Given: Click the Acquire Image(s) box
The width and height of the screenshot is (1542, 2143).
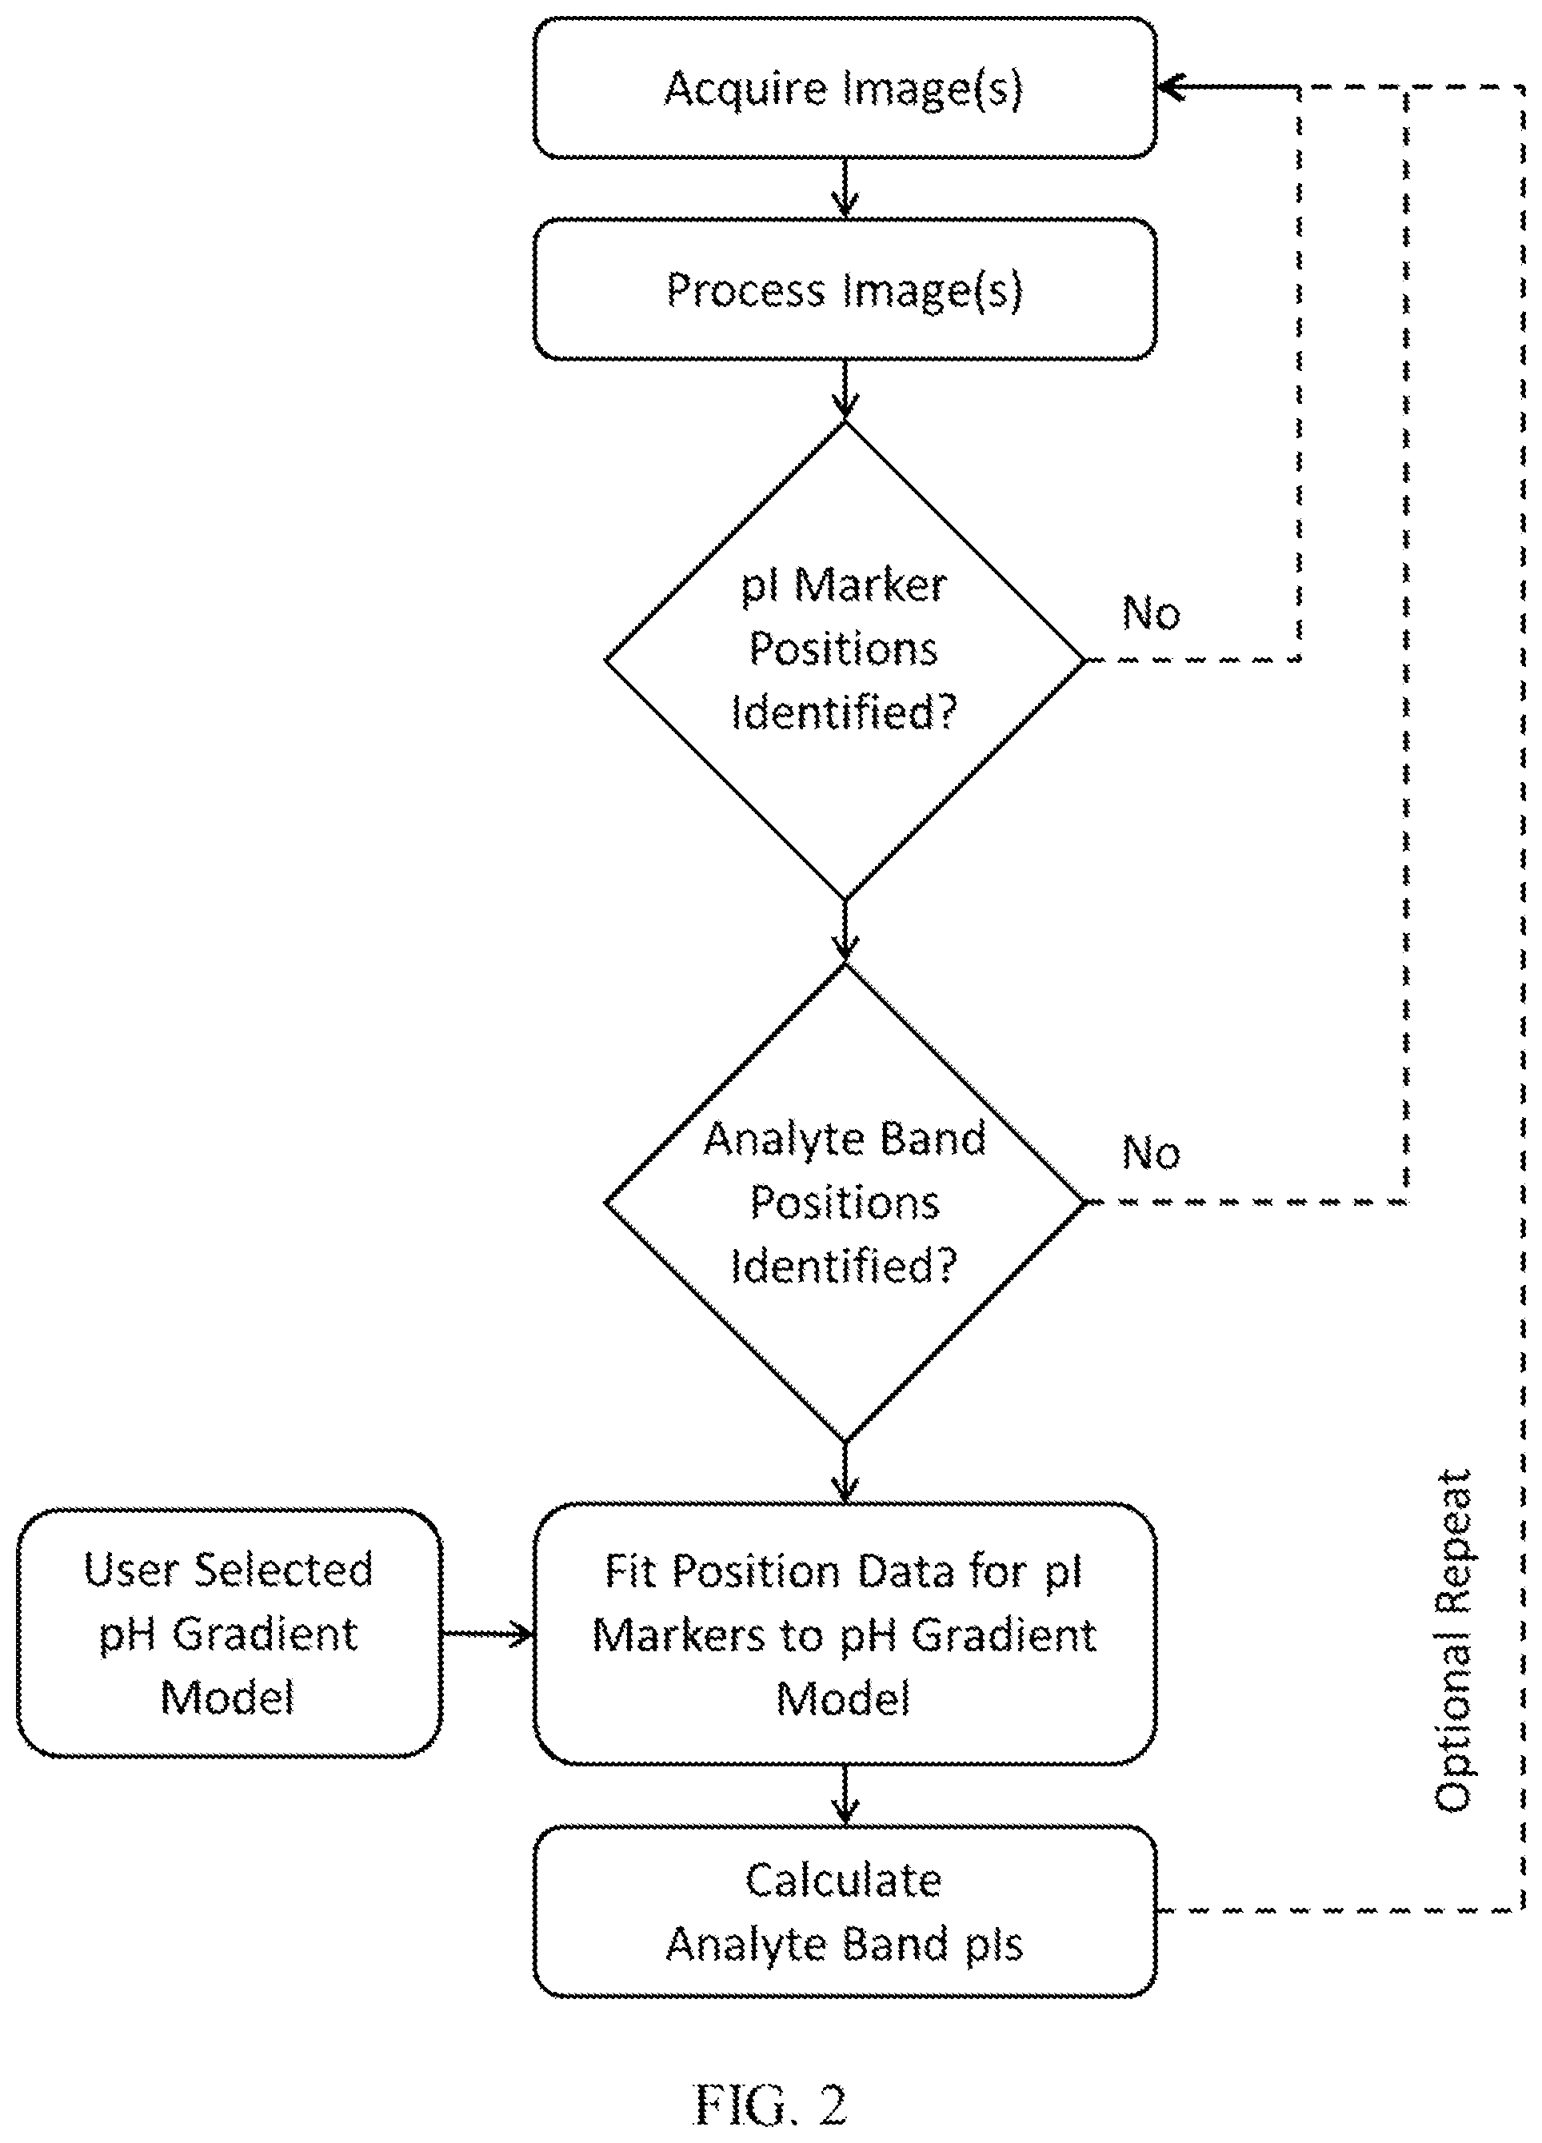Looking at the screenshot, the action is pos(845,87).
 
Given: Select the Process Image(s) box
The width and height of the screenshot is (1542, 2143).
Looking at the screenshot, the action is pos(845,289).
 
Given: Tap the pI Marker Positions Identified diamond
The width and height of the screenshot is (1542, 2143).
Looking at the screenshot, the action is pos(845,660).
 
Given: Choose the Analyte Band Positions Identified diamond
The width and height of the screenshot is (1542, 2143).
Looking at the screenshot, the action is pos(845,1202).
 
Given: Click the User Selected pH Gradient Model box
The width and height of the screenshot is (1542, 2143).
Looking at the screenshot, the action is pos(230,1634).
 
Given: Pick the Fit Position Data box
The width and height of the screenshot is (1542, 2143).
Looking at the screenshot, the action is pos(845,1634).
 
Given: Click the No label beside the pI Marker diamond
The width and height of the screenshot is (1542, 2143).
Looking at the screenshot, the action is pos(1151,613).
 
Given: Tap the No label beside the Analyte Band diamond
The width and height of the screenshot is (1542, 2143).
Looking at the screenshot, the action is pos(1151,1153).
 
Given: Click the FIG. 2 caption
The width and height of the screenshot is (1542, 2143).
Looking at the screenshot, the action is pos(771,2105).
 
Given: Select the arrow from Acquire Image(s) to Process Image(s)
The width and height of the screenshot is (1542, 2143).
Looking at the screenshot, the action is pos(845,188).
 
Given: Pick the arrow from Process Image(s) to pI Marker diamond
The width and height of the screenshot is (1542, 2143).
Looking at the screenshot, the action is pos(845,390).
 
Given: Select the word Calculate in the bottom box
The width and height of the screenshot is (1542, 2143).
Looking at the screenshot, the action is pos(843,1880).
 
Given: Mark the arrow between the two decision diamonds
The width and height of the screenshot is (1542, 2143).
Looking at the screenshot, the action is pos(845,931).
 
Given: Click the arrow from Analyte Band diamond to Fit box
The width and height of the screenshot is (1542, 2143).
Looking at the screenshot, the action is pos(845,1472).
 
